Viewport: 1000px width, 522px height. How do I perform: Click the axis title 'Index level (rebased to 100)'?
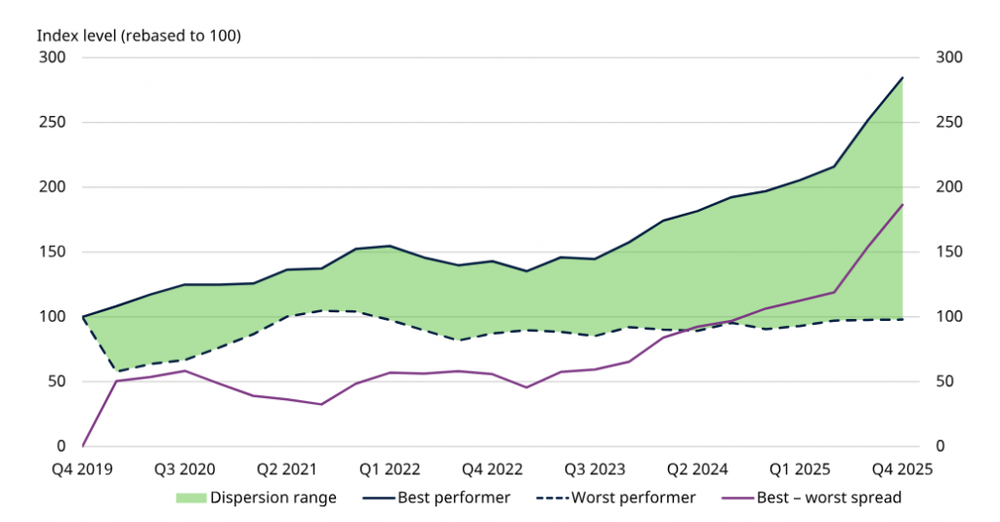[x=139, y=36]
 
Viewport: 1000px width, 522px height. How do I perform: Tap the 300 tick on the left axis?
[x=53, y=58]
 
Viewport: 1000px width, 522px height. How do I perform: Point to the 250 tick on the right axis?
[x=949, y=122]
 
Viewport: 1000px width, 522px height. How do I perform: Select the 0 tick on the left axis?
[x=62, y=446]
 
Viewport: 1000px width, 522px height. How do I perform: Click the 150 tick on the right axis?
[x=949, y=252]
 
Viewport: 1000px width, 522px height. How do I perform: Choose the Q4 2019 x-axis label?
[x=82, y=469]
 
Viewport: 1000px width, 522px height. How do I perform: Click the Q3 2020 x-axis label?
[x=185, y=469]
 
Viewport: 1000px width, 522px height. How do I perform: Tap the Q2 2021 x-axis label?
[x=287, y=469]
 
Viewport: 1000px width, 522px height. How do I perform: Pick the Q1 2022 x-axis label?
[x=390, y=469]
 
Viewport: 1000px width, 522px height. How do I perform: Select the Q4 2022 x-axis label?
[x=492, y=469]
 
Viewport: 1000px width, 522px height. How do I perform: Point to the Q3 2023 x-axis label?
[x=595, y=469]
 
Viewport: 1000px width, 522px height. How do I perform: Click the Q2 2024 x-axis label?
[x=697, y=469]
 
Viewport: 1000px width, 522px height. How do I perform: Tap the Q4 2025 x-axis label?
[x=902, y=469]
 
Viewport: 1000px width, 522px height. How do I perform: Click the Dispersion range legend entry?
[x=257, y=498]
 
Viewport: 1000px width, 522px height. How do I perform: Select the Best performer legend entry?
[x=437, y=498]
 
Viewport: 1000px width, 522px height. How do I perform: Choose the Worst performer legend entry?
[x=617, y=498]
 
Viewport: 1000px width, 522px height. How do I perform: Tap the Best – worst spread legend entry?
[x=812, y=498]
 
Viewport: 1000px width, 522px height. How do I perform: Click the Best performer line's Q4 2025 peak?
[x=902, y=78]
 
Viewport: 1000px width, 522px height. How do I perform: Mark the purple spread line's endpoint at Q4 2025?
[x=902, y=205]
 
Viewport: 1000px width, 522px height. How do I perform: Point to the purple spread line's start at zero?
[x=83, y=446]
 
